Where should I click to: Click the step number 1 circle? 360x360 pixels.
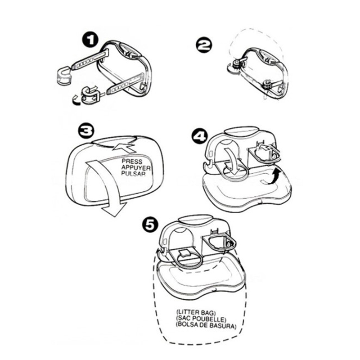[x=90, y=40]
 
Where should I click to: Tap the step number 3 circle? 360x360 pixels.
[x=85, y=131]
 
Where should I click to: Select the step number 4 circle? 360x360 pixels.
[x=200, y=137]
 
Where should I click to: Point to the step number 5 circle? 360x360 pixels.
[x=150, y=225]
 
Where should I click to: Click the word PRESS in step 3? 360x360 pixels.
[x=132, y=162]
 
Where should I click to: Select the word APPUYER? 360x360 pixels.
[x=136, y=167]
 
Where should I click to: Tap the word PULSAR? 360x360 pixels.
[x=133, y=173]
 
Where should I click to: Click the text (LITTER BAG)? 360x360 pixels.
[x=196, y=312]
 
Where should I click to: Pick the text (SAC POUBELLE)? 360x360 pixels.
[x=201, y=319]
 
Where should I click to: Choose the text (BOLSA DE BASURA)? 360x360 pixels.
[x=206, y=325]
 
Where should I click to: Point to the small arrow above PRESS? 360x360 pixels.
[x=124, y=148]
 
